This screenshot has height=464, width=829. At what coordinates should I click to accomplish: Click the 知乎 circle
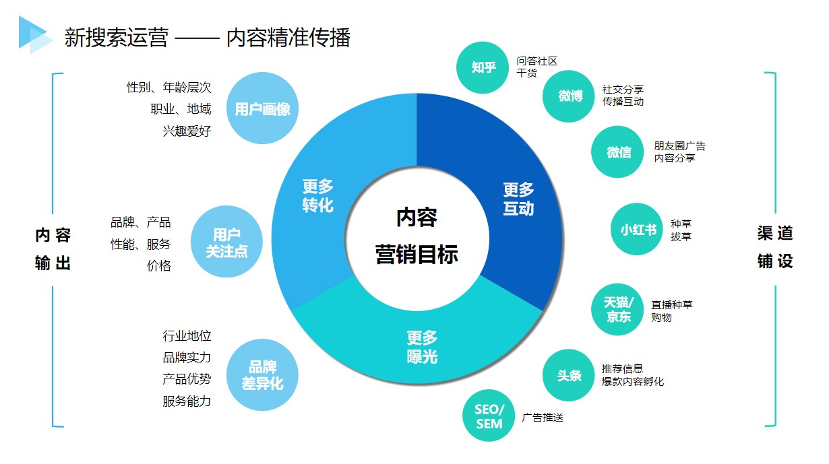[483, 67]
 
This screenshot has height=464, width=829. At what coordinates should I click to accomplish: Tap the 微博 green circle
[569, 96]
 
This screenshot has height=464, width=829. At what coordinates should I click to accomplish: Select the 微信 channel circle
[617, 152]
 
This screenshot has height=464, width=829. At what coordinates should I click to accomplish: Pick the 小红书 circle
[637, 229]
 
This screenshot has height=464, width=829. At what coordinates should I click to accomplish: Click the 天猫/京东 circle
[617, 310]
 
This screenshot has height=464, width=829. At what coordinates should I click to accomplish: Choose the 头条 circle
[569, 375]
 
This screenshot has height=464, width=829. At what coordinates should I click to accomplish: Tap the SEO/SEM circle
[489, 416]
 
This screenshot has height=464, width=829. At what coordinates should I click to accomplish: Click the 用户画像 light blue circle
[262, 108]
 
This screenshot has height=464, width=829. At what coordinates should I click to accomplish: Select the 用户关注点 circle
[226, 242]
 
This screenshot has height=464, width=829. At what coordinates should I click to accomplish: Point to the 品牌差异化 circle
[262, 375]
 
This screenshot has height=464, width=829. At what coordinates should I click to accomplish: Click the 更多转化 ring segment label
[317, 196]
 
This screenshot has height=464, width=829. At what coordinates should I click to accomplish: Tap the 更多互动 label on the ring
[518, 199]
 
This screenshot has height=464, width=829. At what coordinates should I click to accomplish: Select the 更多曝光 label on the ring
[422, 347]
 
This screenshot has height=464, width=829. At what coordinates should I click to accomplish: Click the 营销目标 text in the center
[417, 255]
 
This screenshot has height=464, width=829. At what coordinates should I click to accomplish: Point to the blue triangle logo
[36, 35]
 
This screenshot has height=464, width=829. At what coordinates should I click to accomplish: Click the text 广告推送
[543, 418]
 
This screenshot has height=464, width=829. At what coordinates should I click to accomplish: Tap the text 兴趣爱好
[187, 131]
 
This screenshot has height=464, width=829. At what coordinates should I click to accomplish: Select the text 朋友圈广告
[680, 146]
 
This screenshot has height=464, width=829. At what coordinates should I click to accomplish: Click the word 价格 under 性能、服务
[159, 265]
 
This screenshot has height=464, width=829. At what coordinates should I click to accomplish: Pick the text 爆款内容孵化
[633, 382]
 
